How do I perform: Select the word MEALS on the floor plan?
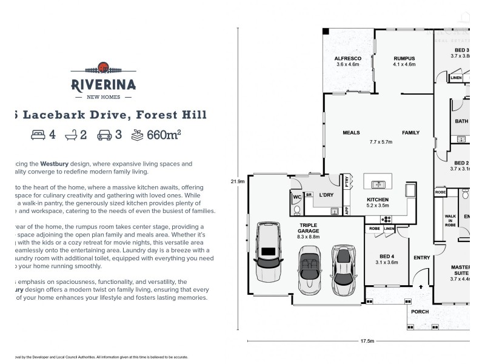351,132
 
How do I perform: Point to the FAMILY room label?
410,132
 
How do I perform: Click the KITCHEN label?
378,199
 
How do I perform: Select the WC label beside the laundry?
297,197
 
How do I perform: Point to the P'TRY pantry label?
347,183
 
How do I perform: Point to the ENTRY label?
421,258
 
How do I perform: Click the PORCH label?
420,312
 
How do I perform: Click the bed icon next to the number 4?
38,135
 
